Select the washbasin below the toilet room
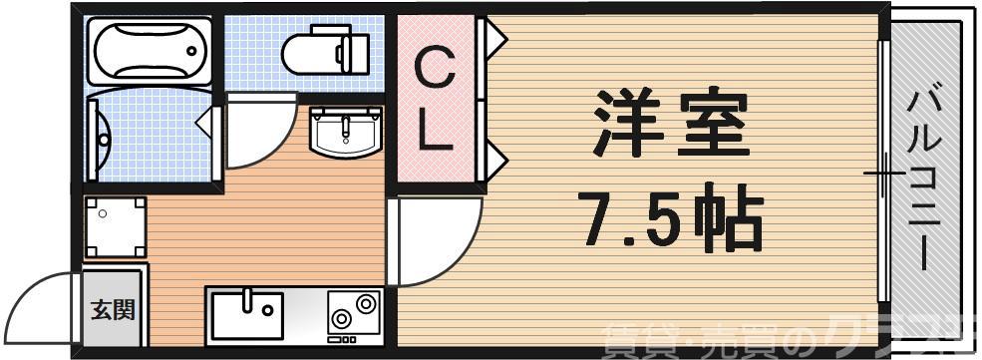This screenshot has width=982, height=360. pos(345,130)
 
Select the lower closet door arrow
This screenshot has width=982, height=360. pos(496,157)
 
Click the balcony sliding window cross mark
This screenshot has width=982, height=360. pos(883,175)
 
